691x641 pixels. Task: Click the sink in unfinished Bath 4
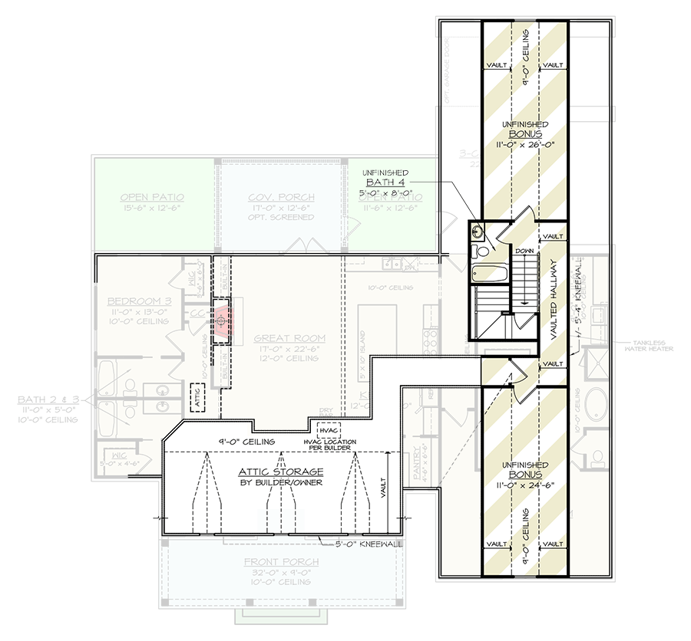click(480, 230)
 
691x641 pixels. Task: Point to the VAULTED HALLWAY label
click(554, 297)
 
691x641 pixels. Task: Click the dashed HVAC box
click(328, 432)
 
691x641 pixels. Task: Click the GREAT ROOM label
click(279, 337)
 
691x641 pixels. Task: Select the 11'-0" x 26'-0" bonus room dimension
click(524, 143)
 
